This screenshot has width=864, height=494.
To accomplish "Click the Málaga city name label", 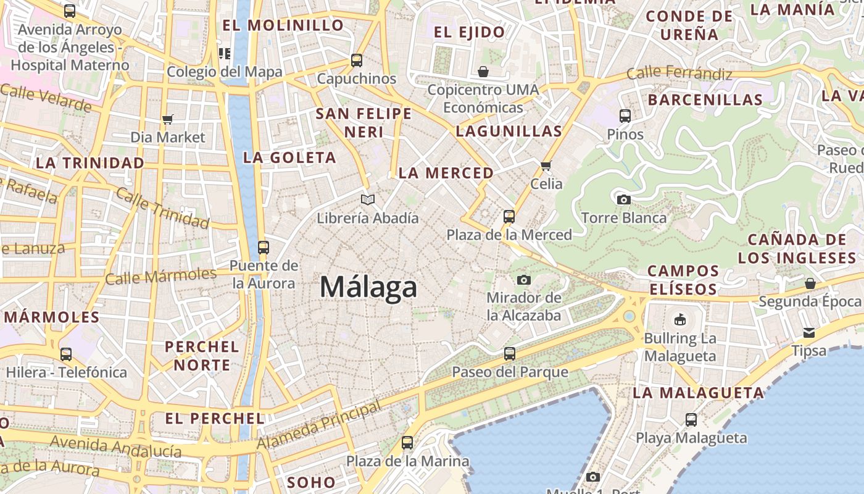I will click(368, 288).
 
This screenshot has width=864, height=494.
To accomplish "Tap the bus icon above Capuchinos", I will click(357, 61).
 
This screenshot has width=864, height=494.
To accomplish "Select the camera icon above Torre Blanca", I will click(624, 199).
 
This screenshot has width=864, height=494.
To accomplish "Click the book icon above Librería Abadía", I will click(368, 199).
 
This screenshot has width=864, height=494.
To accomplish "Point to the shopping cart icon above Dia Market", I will click(167, 119).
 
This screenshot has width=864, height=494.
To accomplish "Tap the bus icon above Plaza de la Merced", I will click(509, 217).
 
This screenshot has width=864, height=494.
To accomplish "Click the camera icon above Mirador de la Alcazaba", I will click(524, 280).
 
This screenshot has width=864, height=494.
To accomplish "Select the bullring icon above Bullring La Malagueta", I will click(679, 319).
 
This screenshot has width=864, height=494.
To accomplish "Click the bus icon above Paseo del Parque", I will click(510, 354).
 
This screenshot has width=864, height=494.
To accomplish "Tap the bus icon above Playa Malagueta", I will click(691, 420).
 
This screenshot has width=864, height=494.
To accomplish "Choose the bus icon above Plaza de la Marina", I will click(407, 443).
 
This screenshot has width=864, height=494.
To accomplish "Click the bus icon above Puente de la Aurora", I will click(264, 248).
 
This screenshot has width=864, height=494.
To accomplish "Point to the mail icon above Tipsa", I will click(809, 333).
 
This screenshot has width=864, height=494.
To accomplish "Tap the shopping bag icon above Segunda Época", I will click(810, 283).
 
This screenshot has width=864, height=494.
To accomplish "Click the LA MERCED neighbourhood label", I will click(446, 174).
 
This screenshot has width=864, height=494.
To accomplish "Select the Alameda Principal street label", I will click(318, 426).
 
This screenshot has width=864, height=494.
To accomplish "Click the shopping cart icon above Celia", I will click(546, 165).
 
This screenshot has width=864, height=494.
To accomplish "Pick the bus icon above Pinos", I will click(625, 115).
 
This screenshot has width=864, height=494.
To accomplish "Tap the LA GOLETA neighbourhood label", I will click(289, 157).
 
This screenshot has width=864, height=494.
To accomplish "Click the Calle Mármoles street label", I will click(160, 275).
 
